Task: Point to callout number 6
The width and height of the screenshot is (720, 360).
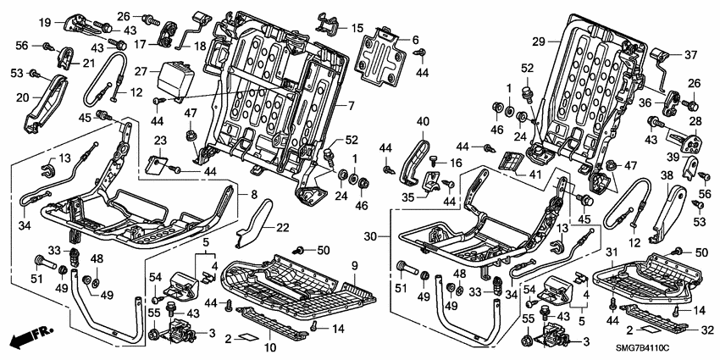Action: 415,40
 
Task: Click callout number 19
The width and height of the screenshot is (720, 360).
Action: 45,22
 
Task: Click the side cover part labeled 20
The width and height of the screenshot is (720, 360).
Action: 47,102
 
